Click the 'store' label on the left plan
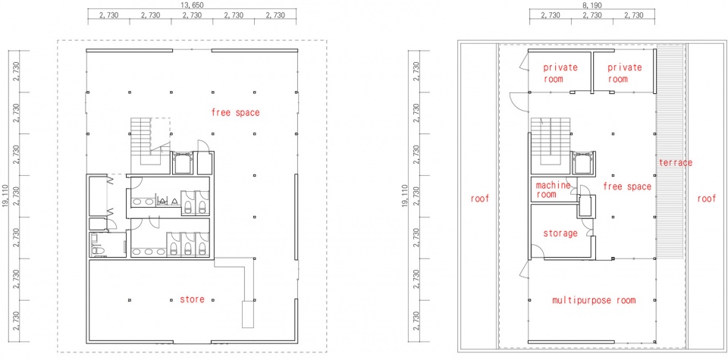tap(192, 299)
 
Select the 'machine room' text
tap(553, 189)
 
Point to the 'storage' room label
tap(560, 233)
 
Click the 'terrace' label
tap(676, 163)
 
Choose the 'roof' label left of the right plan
tap(480, 199)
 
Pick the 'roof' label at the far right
tap(707, 199)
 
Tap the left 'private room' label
tap(560, 73)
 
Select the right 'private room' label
tap(624, 73)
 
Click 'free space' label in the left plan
tap(235, 112)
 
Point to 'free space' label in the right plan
tap(627, 186)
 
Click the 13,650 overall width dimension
tap(192, 5)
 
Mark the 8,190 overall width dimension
tap(591, 5)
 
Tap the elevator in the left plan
tap(181, 163)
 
